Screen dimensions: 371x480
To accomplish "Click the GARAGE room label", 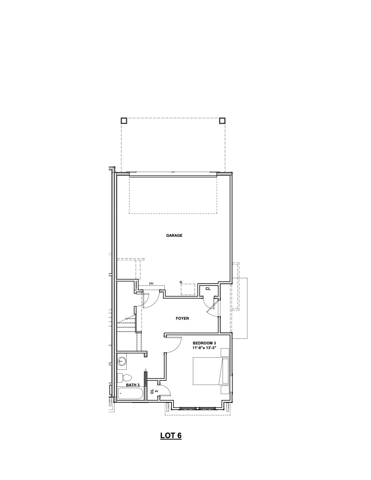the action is [x=174, y=235].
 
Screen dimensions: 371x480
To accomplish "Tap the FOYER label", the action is [x=182, y=318].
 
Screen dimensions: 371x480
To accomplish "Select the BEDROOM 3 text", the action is [x=204, y=343].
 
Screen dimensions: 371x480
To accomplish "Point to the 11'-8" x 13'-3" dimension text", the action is [x=204, y=348].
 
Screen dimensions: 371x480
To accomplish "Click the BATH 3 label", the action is [x=133, y=385].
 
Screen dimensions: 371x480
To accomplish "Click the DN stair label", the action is [x=151, y=283].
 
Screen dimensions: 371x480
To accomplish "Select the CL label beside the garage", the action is [x=208, y=289].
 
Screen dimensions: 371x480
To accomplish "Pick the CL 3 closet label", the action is [x=154, y=392].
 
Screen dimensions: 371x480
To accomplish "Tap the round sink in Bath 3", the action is [x=122, y=361].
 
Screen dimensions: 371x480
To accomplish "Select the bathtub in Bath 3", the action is [x=130, y=393].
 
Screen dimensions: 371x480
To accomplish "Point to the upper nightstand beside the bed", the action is [x=225, y=352].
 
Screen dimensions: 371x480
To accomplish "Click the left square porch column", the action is [x=124, y=120].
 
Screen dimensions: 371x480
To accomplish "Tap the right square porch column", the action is [x=222, y=120].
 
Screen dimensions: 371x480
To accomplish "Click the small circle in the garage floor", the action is [x=181, y=282].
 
